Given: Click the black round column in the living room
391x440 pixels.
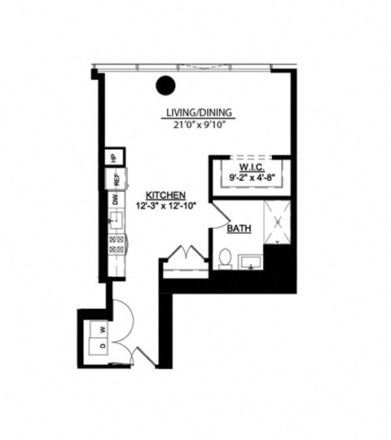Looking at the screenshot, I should click(x=166, y=85).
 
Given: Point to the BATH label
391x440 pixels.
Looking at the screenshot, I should click(x=239, y=229).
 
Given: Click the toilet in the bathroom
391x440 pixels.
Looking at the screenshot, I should click(x=226, y=258).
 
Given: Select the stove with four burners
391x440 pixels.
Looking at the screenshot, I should click(x=116, y=244).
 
